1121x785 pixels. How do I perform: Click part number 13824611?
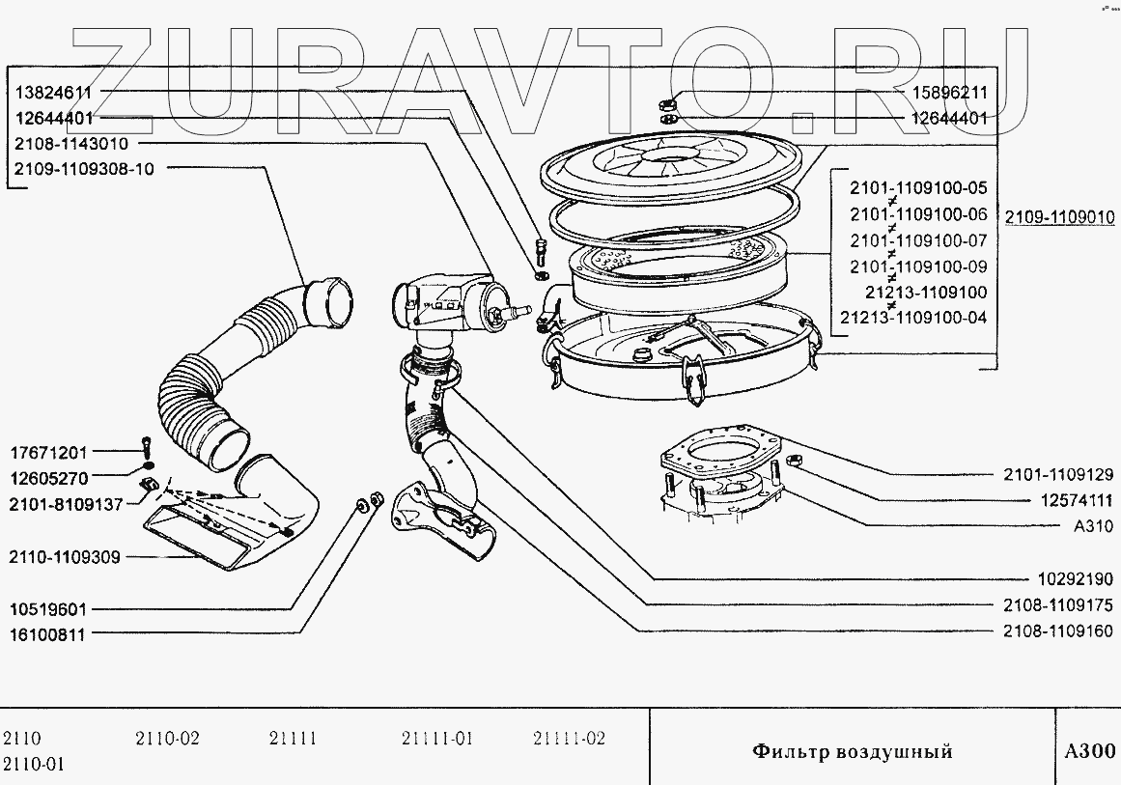click(53, 94)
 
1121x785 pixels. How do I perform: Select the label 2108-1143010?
click(70, 144)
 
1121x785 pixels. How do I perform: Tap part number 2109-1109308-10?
click(84, 168)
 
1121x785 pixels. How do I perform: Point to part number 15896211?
click(950, 94)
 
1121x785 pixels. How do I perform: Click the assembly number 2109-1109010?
click(1059, 218)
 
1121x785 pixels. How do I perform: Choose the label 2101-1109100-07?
click(918, 239)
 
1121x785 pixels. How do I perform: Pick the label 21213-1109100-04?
click(912, 318)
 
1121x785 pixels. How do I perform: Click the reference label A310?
click(1093, 526)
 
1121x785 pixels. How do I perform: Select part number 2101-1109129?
click(1057, 474)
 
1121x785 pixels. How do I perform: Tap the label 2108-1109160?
click(1057, 631)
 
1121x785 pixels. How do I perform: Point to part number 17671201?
click(49, 451)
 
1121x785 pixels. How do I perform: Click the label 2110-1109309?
click(65, 556)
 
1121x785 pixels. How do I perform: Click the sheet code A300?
click(1088, 751)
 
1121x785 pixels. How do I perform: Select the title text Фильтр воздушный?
click(852, 751)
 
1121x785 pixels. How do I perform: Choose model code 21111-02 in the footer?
click(569, 740)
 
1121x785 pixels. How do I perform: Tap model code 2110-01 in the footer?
click(34, 765)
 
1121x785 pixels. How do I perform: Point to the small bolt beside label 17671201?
click(145, 447)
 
